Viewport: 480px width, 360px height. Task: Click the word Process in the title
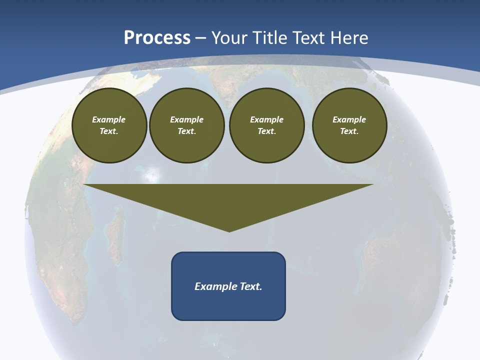[x=157, y=38]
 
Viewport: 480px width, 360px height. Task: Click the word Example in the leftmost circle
[x=109, y=119]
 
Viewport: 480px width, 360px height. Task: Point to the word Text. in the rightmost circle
[x=349, y=131]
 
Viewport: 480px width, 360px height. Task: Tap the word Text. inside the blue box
[x=250, y=286]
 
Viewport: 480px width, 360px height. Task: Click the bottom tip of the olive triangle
[x=229, y=231]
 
